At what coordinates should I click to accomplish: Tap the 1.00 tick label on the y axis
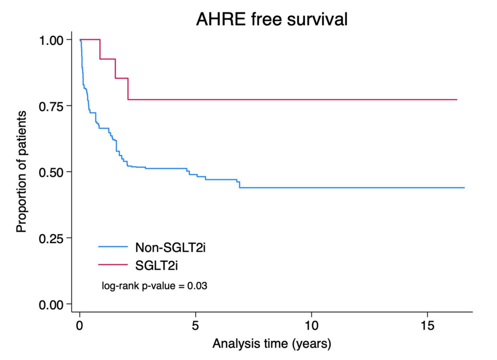click(52, 40)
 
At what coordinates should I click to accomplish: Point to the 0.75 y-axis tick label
click(52, 106)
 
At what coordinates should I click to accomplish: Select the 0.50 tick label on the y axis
click(52, 172)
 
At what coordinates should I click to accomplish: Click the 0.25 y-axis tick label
click(52, 238)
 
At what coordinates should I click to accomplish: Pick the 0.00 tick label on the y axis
click(52, 304)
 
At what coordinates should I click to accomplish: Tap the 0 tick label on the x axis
click(80, 324)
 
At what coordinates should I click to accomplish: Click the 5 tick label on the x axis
click(196, 324)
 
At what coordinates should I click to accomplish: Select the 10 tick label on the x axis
click(312, 324)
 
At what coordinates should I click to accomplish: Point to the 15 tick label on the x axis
click(427, 324)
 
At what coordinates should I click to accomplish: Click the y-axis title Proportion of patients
click(21, 172)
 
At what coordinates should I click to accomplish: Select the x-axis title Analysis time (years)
click(272, 345)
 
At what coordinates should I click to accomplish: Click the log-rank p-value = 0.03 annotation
click(155, 286)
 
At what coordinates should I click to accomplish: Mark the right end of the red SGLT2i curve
click(457, 99)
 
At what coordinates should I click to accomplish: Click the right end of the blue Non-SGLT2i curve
click(464, 188)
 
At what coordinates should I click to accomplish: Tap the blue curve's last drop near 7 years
click(239, 185)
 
